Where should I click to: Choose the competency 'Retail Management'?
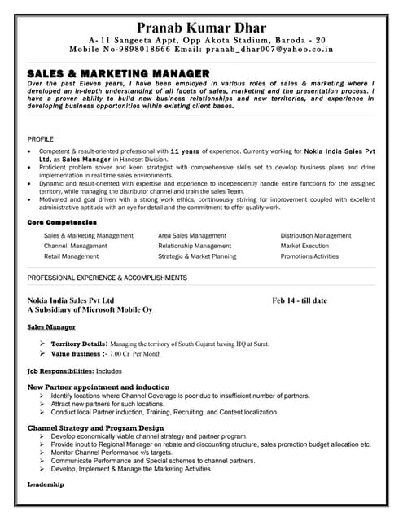pyautogui.click(x=71, y=256)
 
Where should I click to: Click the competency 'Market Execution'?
pyautogui.click(x=304, y=246)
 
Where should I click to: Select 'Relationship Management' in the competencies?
pyautogui.click(x=195, y=246)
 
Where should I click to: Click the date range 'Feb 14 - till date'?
pyautogui.click(x=300, y=300)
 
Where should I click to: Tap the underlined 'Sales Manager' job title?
pyautogui.click(x=50, y=326)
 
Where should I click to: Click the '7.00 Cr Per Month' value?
pyautogui.click(x=135, y=355)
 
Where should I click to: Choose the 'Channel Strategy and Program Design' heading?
pyautogui.click(x=96, y=427)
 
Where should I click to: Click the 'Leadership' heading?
pyautogui.click(x=46, y=484)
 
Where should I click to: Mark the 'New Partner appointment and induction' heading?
pyautogui.click(x=99, y=387)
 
